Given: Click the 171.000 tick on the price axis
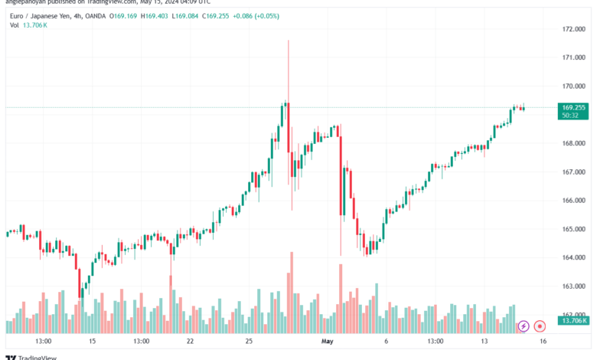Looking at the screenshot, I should click(573, 57).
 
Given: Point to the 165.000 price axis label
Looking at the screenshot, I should click(573, 229).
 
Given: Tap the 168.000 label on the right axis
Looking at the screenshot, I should click(573, 143).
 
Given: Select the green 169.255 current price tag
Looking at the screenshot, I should click(573, 107).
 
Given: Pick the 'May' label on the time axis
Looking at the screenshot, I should click(328, 341).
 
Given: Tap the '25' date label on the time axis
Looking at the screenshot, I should click(250, 341).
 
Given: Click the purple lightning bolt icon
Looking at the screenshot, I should click(524, 326).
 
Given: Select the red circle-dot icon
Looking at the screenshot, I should click(540, 326).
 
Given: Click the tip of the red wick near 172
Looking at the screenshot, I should click(289, 41).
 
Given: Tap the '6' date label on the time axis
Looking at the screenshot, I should click(387, 341).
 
